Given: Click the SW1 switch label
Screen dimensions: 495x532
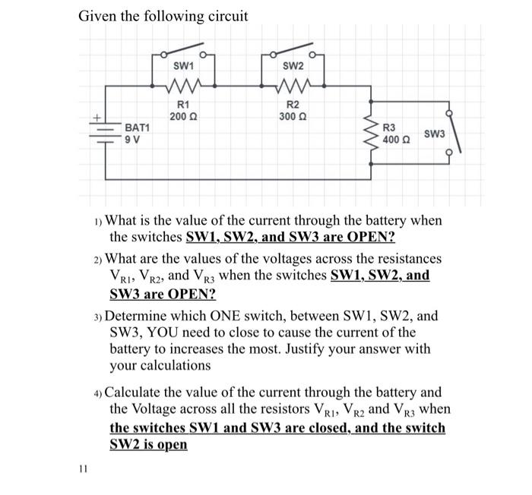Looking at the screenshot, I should point(182,67).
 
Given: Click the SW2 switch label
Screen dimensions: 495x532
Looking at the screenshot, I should point(292,67).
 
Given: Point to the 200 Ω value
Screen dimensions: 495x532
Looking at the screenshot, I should point(182,116).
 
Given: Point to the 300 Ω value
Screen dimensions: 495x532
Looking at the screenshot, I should point(292,116).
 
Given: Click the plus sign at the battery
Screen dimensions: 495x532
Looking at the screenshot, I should point(97,118).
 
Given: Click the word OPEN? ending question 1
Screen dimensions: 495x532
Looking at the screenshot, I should point(369,237).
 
